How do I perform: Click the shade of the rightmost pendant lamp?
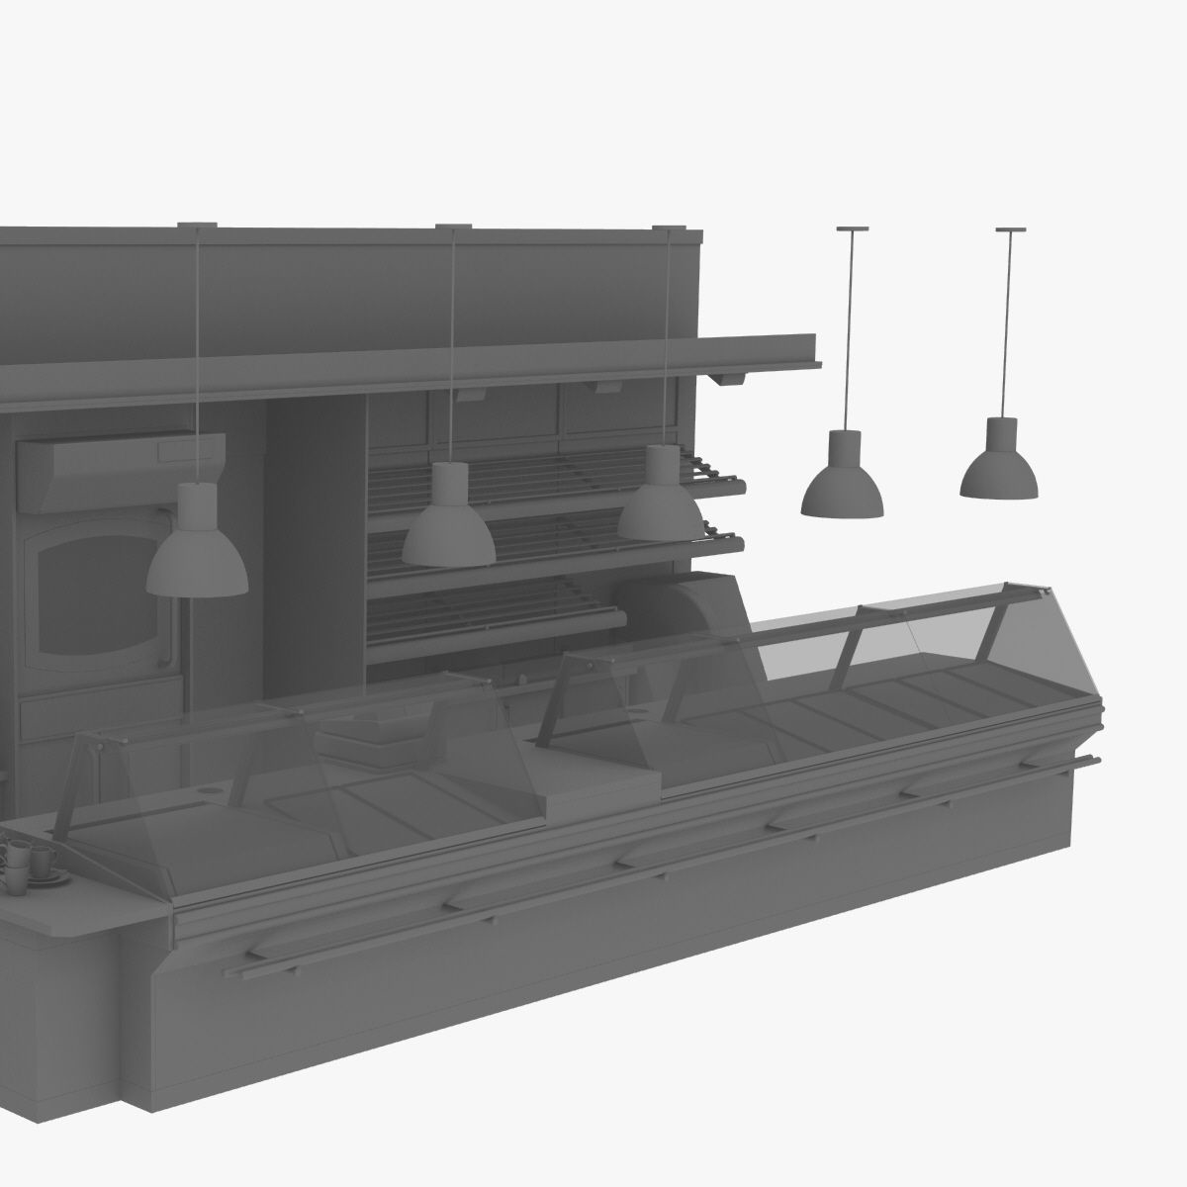[999, 469]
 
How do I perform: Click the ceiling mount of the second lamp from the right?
[852, 229]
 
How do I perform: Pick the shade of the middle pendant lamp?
[448, 535]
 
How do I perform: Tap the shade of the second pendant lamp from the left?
[448, 535]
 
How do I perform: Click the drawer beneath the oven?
[99, 714]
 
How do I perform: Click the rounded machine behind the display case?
[692, 603]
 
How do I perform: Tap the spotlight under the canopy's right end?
[731, 377]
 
